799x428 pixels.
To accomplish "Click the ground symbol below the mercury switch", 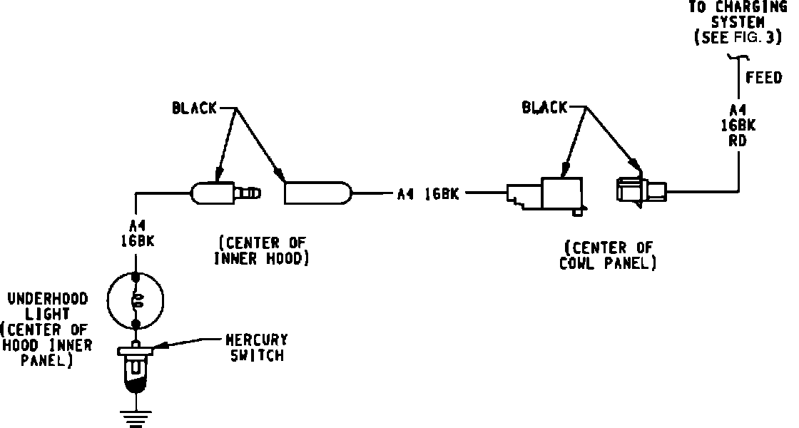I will [x=135, y=418].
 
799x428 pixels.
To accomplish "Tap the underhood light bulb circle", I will [x=135, y=300].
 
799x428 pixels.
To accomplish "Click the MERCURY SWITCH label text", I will [x=257, y=347].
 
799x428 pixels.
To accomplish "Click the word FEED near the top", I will [x=763, y=77].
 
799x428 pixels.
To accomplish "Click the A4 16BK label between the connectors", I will [x=428, y=193].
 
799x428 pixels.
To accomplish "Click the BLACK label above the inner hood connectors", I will [x=194, y=108].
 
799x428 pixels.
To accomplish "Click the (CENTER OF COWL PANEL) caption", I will [x=610, y=255].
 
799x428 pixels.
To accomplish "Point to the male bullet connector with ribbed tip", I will [x=225, y=193].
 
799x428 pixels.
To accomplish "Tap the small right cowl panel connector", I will [x=639, y=191].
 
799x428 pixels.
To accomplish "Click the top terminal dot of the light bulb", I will [x=135, y=275].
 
